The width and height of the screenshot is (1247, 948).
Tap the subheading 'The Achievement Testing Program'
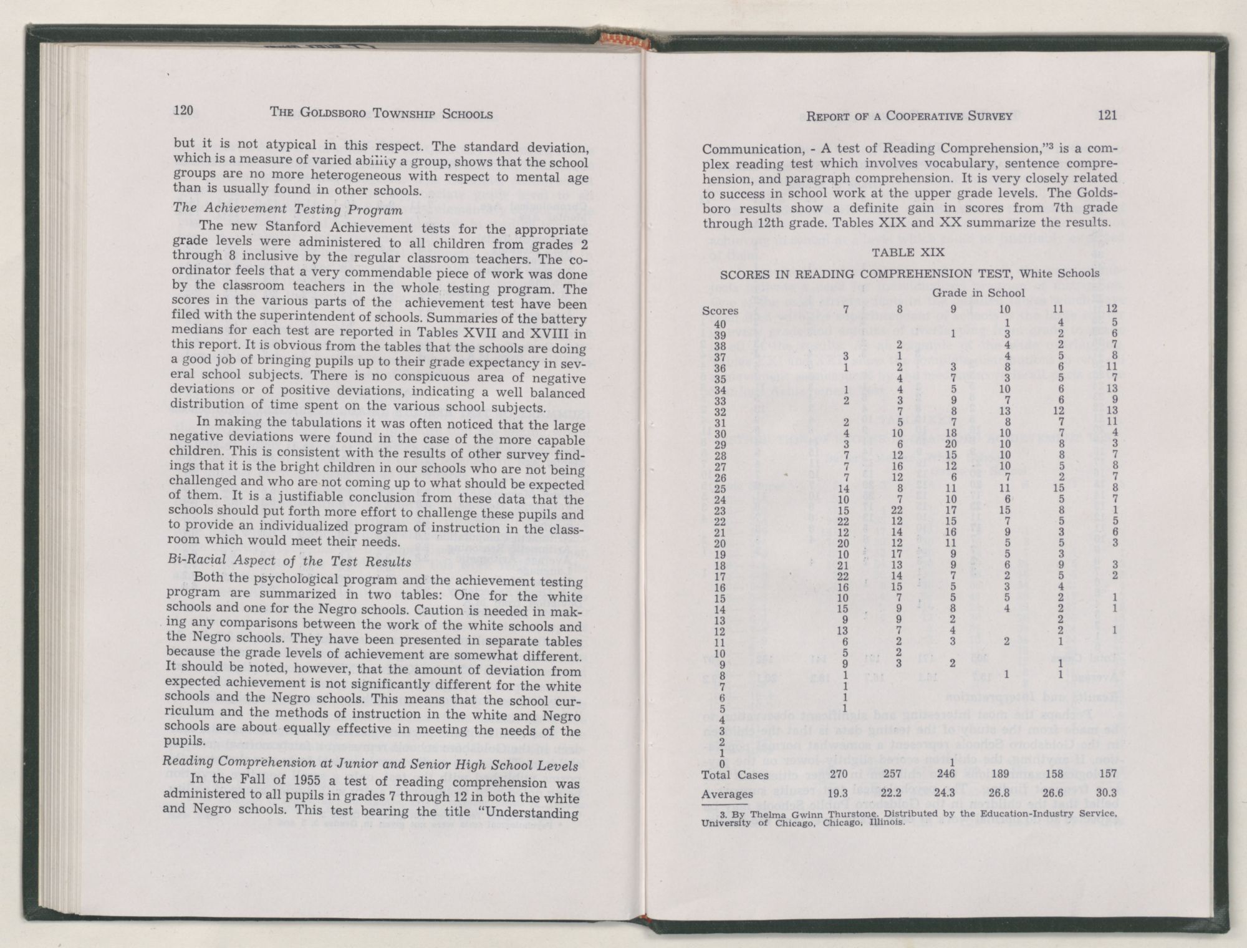[287, 210]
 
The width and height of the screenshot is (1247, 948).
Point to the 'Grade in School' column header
[978, 293]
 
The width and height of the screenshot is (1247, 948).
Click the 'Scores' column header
[720, 310]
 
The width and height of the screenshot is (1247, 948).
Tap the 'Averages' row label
[726, 794]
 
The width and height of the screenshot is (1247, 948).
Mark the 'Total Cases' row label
[734, 775]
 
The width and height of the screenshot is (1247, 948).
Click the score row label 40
[720, 324]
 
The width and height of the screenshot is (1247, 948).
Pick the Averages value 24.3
[951, 794]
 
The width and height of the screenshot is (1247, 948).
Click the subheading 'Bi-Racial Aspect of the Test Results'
[290, 561]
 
